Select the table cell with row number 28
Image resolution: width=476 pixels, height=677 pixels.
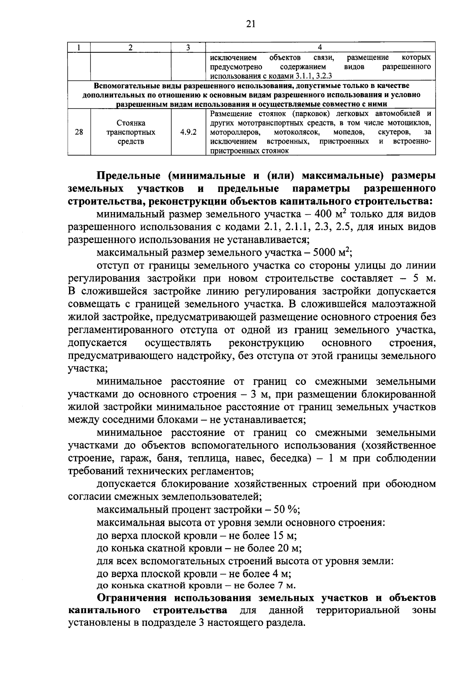click(79, 132)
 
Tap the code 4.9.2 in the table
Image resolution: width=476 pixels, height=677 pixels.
click(188, 132)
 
